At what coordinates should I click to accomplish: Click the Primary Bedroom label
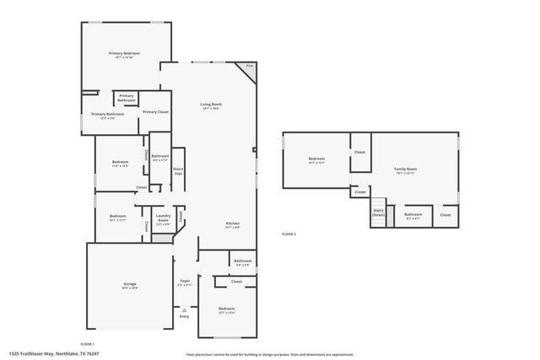click(x=124, y=55)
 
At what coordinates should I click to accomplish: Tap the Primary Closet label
click(x=155, y=112)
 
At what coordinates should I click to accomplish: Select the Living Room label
click(x=210, y=106)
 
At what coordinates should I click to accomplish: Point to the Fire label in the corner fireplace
click(x=249, y=66)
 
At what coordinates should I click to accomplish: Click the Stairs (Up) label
click(x=178, y=170)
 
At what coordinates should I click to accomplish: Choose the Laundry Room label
click(x=163, y=221)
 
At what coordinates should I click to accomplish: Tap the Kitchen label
click(x=232, y=225)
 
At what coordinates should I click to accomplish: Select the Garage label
click(x=130, y=285)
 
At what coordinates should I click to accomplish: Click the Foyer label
click(x=185, y=282)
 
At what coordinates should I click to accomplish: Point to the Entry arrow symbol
click(x=184, y=310)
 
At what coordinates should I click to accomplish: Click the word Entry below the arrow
click(x=184, y=317)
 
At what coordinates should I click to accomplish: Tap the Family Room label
click(x=406, y=170)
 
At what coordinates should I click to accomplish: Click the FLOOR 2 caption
click(x=289, y=234)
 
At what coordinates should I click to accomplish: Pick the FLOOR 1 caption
click(x=87, y=343)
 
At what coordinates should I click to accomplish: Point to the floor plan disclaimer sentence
click(x=270, y=354)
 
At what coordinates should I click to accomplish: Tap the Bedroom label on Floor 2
click(x=316, y=160)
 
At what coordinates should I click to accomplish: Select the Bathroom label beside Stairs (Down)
click(x=413, y=215)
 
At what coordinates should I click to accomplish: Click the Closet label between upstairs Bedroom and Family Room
click(x=359, y=152)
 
